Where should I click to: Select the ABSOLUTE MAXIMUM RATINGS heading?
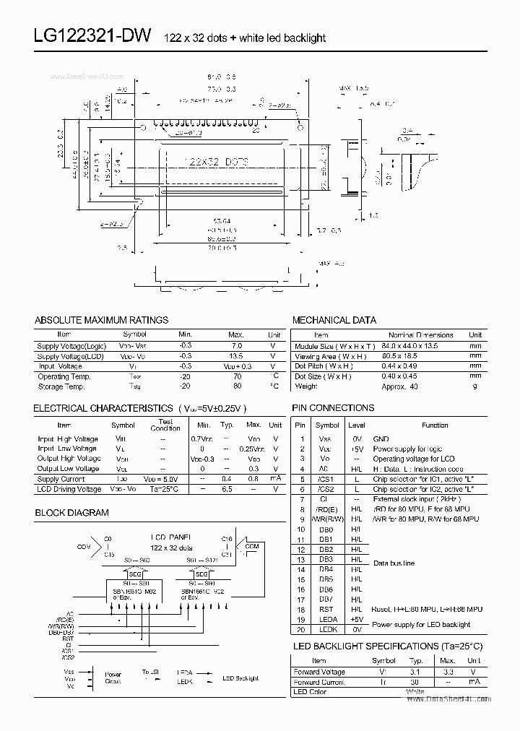101,320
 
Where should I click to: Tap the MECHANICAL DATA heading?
334,320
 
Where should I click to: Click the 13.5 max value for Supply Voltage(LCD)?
235,356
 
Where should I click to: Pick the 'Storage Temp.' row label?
64,386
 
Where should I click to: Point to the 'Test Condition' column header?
165,425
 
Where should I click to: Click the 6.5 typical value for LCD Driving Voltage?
227,489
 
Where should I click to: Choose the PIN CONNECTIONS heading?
333,408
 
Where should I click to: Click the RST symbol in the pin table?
326,610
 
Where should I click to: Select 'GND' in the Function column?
380,438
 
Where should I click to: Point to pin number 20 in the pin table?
300,630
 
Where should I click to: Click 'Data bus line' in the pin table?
394,563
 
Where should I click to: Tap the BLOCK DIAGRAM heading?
71,513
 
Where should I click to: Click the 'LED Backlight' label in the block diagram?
240,678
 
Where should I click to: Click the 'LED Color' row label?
309,692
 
